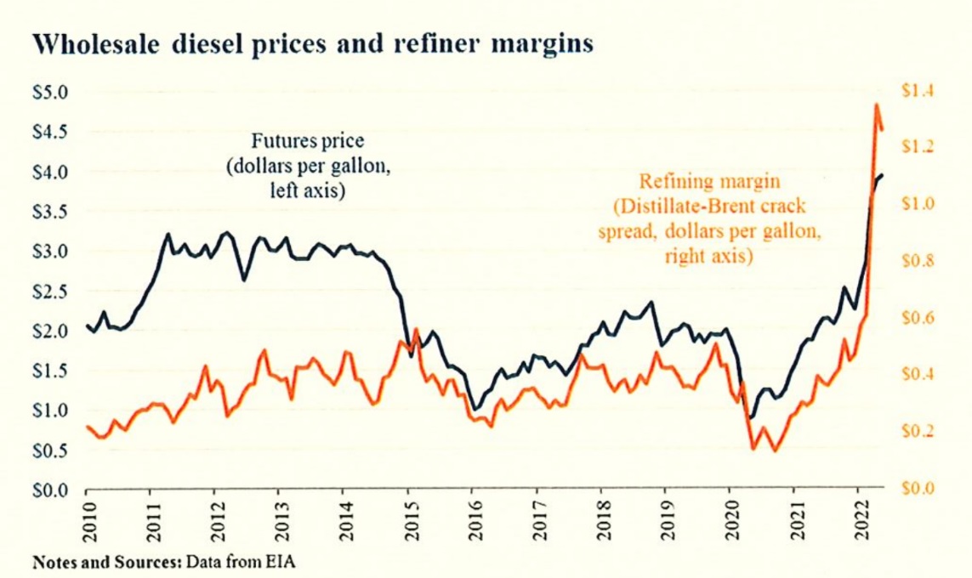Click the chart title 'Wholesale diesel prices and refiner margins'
click(314, 45)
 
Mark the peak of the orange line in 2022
click(876, 105)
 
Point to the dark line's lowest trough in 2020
click(752, 417)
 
